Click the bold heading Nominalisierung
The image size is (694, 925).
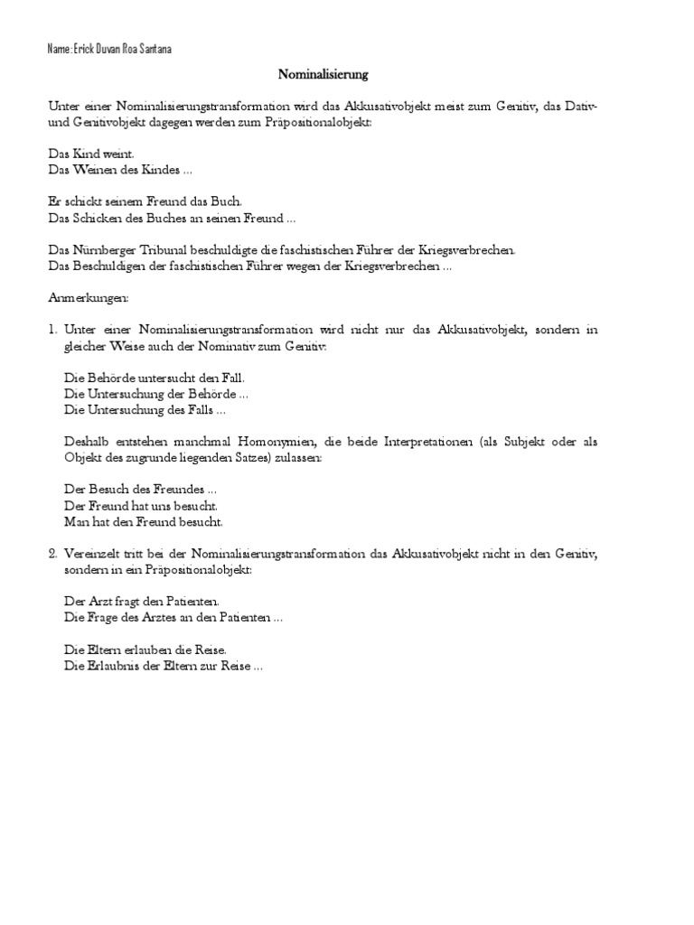point(324,74)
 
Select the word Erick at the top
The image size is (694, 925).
point(85,50)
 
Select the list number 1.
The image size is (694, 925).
point(52,330)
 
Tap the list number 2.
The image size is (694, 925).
point(52,552)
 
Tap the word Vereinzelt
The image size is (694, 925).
point(92,552)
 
